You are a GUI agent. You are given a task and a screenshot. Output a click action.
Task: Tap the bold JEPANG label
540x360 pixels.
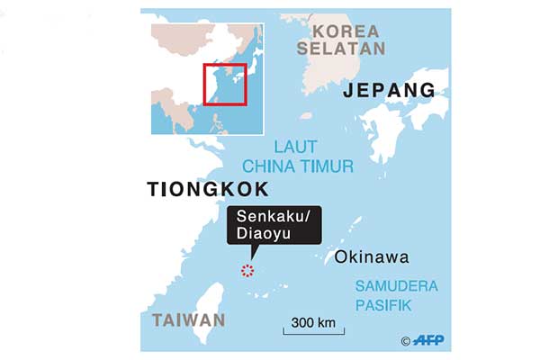click(389, 90)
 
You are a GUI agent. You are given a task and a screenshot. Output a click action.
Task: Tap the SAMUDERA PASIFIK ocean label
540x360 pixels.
click(395, 296)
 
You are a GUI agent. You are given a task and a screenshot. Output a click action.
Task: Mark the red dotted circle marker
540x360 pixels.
click(248, 271)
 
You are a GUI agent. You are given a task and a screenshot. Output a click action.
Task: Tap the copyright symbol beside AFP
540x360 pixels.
click(406, 341)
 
